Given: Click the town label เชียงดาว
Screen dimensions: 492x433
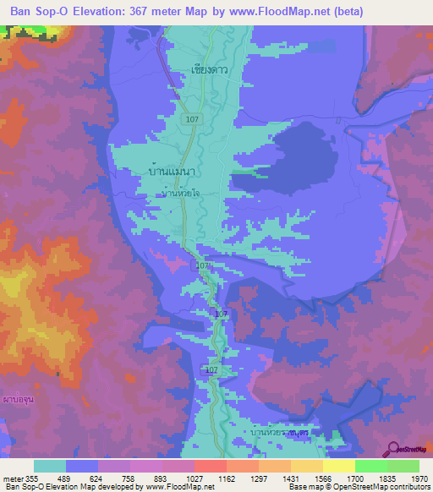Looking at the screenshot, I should point(210,70).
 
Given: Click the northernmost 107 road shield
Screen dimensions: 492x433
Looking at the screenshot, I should point(193,120).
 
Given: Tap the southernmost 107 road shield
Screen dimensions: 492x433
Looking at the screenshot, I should point(211,370).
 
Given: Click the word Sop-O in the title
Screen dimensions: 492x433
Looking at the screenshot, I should point(65,12).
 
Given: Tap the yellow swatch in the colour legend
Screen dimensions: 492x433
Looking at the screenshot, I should point(338,466).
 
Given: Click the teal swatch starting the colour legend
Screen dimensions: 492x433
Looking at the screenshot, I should point(50,466).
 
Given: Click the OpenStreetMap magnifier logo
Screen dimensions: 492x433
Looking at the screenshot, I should point(392,448).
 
